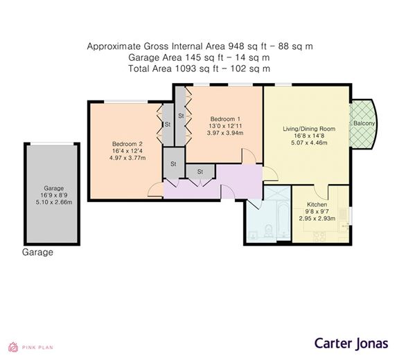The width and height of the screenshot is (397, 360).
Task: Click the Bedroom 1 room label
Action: [x=225, y=119]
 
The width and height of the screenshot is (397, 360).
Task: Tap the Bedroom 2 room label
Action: [x=127, y=144]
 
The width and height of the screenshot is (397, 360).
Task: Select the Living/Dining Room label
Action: [x=309, y=129]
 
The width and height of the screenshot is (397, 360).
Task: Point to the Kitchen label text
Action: [x=317, y=204]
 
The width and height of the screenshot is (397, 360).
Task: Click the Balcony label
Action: [x=364, y=123]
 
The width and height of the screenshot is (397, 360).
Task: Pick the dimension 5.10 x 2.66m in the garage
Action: [x=54, y=202]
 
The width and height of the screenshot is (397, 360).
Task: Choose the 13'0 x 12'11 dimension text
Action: [x=225, y=126]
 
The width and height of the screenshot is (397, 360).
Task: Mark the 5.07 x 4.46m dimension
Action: [x=309, y=143]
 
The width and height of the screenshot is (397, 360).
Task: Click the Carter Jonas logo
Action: [x=351, y=343]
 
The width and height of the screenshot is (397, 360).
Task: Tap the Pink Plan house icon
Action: [x=13, y=348]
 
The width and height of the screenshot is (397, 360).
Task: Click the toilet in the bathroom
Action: [x=268, y=231]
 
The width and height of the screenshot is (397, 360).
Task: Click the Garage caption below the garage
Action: [x=37, y=252]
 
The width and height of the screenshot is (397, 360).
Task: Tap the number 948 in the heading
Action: [x=236, y=46]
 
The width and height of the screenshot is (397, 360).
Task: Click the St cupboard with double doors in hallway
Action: [x=200, y=172]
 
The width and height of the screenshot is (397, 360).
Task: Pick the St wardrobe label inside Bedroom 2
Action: [x=168, y=125]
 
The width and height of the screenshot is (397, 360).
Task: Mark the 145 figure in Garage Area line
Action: [x=193, y=57]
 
